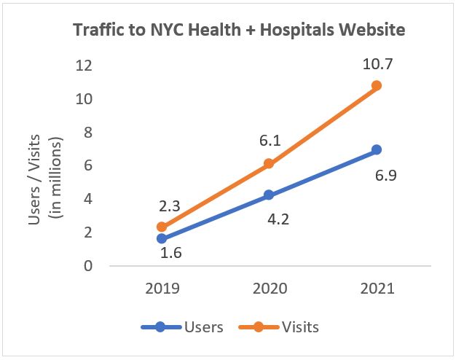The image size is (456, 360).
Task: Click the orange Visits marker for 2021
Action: pyautogui.click(x=376, y=85)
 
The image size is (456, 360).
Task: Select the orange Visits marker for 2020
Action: pyautogui.click(x=269, y=163)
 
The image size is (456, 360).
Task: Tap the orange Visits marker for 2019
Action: pyautogui.click(x=161, y=227)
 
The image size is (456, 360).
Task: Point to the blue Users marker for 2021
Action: pyautogui.click(x=376, y=149)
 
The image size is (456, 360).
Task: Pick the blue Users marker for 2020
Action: pyautogui.click(x=269, y=195)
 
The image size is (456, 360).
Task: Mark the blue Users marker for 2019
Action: pyautogui.click(x=161, y=238)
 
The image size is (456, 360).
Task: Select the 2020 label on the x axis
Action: pyautogui.click(x=269, y=288)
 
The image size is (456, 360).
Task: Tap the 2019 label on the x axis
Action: pyautogui.click(x=161, y=288)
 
